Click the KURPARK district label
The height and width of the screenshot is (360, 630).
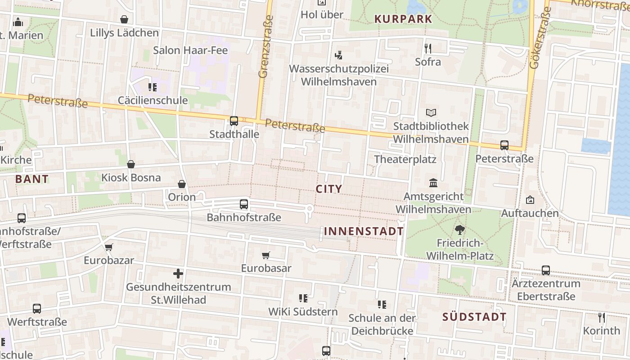click(403, 19)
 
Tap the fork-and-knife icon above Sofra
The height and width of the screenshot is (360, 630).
click(428, 48)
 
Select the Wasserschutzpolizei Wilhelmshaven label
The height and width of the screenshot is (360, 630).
click(338, 75)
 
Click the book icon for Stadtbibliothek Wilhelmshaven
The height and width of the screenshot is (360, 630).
click(431, 112)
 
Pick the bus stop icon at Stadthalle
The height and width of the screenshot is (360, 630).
click(234, 121)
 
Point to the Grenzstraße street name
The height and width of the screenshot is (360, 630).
click(266, 47)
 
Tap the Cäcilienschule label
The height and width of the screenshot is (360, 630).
click(153, 100)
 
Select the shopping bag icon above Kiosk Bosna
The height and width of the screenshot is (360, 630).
click(131, 164)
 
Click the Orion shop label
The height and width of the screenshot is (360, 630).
click(182, 197)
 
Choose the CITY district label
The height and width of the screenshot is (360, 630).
click(329, 189)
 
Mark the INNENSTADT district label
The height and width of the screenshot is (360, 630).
click(364, 231)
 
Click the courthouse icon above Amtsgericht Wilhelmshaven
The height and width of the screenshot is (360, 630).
click(433, 183)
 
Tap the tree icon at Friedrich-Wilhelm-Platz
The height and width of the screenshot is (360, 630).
click(459, 230)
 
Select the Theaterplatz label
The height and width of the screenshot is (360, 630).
click(405, 159)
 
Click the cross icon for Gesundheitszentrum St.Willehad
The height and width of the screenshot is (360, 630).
click(178, 273)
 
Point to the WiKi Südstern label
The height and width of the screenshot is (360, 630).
click(303, 311)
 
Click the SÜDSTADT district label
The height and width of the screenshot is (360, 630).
click(474, 317)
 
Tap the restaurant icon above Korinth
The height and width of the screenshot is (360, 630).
click(602, 317)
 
